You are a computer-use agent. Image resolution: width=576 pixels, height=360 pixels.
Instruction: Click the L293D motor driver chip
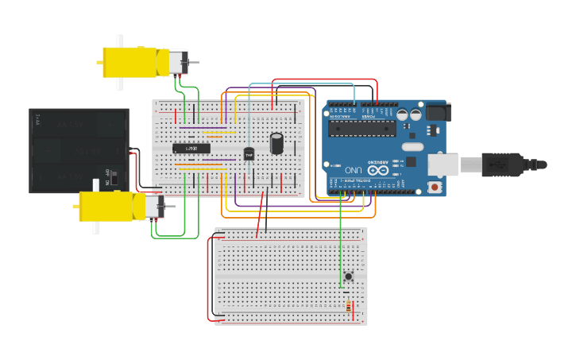[191, 149]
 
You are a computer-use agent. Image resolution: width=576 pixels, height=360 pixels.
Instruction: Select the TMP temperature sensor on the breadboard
[249, 153]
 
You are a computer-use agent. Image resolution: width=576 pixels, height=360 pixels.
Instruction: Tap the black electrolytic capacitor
[276, 143]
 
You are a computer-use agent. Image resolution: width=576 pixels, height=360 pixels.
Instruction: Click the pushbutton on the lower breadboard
[349, 277]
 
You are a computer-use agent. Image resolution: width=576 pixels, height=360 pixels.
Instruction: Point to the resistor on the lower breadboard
[348, 307]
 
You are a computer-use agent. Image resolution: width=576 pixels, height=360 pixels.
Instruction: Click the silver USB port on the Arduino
[443, 165]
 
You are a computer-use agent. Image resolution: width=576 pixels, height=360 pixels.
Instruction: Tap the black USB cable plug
[503, 165]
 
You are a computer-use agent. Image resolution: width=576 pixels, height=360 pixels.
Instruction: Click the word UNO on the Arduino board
[354, 170]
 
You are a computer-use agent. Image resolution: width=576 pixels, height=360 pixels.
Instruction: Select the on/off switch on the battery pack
[114, 176]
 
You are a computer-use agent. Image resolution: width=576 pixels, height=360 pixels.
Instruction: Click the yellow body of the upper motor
[130, 62]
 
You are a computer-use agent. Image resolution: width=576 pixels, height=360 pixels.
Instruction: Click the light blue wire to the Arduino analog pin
[302, 83]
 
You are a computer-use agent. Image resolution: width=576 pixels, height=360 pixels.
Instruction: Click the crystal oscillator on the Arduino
[412, 146]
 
